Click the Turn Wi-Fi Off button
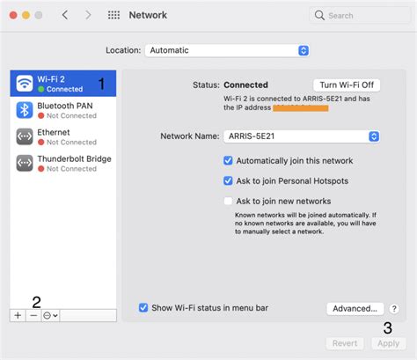[x=347, y=84]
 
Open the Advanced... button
[x=356, y=309]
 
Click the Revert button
[x=344, y=343]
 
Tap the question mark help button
[x=393, y=309]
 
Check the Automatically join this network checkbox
[x=228, y=161]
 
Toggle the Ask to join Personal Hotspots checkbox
[x=228, y=180]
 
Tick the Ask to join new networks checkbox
[x=228, y=201]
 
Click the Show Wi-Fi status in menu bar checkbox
[x=143, y=308]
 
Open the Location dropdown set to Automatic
[x=227, y=50]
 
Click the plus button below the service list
[x=18, y=314]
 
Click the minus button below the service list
[x=33, y=314]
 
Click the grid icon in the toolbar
[x=113, y=16]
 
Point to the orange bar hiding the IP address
[x=300, y=108]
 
